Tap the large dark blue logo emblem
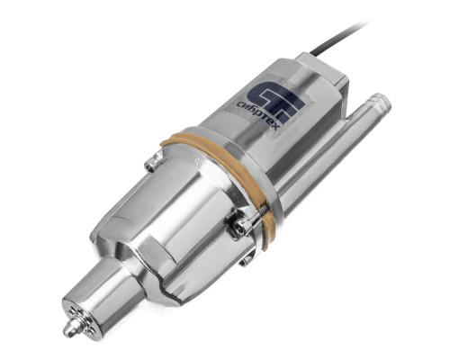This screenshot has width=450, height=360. pos(275,101)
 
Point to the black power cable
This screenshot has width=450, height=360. pos(341,37)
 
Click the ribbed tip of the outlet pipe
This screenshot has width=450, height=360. pos(380,103)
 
